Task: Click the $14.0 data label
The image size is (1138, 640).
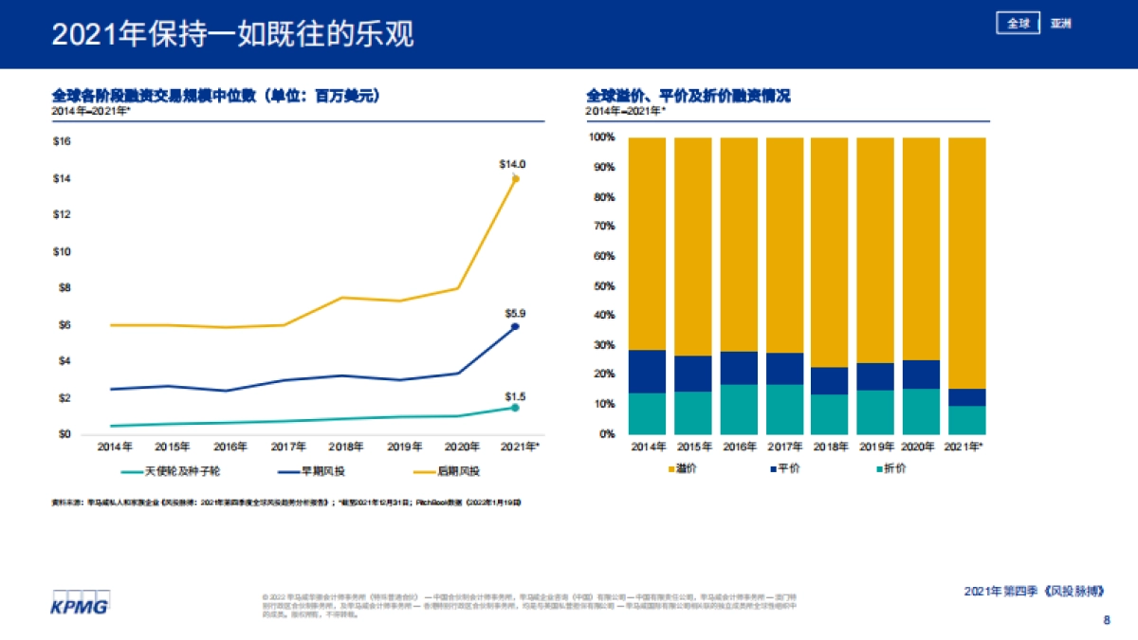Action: tap(512, 164)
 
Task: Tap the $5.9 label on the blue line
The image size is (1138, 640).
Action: tap(515, 313)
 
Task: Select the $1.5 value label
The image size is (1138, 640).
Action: tap(515, 396)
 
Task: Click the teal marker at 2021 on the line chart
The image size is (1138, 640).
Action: tap(515, 408)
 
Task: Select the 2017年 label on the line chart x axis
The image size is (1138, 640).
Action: tap(287, 447)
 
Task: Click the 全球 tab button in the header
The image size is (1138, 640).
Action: tap(1019, 24)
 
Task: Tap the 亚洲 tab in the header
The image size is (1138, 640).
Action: tap(1060, 24)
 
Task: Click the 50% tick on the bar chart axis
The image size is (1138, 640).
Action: tap(603, 286)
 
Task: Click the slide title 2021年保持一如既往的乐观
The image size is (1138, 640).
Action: tap(232, 35)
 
